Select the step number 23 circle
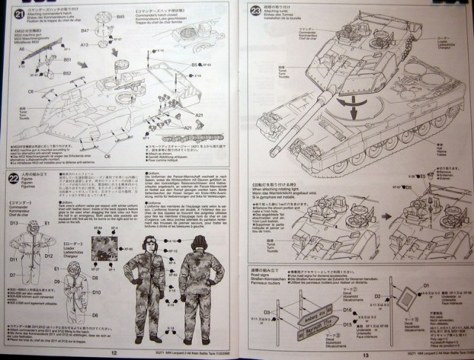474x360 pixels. [x=256, y=11]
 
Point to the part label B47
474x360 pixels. [x=85, y=31]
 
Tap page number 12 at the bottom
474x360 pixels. [x=113, y=353]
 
